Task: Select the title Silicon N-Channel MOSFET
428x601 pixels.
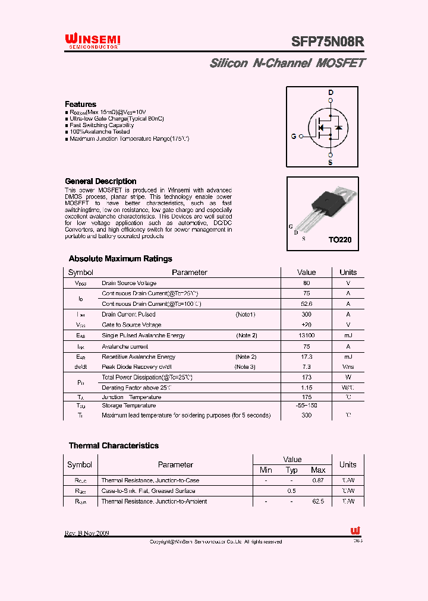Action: pos(287,63)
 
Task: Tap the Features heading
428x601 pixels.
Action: pos(80,104)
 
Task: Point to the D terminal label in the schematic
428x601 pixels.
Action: pos(331,93)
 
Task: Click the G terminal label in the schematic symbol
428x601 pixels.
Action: pos(294,136)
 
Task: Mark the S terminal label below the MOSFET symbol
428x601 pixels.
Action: pos(331,162)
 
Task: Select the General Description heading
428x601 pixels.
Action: pos(100,181)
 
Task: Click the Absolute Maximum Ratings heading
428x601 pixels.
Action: pos(120,259)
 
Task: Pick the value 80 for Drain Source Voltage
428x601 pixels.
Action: pos(306,283)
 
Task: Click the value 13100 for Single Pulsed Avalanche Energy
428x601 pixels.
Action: pos(306,336)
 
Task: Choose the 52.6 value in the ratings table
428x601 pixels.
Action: pos(306,303)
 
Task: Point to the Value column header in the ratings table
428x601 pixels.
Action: pos(306,272)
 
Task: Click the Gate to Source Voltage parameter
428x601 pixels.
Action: pos(131,325)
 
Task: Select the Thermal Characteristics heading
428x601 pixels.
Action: pos(114,445)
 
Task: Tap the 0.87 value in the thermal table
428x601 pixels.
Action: pos(318,480)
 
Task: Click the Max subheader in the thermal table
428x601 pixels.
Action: pos(318,470)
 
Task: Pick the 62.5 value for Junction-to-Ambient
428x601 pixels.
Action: pos(318,501)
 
